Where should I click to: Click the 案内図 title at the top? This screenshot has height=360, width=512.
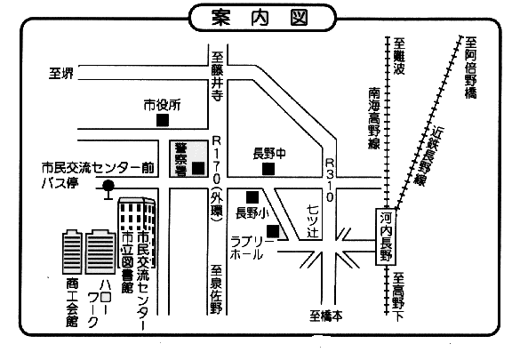point(260,17)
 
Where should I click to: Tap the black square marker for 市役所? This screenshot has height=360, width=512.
point(163,120)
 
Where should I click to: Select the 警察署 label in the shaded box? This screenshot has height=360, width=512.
point(180,159)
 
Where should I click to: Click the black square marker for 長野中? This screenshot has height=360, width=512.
point(268,169)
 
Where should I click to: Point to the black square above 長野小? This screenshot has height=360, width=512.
point(252,197)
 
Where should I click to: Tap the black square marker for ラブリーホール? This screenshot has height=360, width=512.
point(273,231)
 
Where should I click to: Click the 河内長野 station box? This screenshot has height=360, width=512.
point(386,236)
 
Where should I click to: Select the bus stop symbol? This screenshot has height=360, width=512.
point(108,190)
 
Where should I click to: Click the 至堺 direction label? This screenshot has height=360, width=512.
point(61,73)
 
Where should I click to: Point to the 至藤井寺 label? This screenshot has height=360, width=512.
point(217,76)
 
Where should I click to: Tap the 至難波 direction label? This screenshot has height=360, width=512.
point(399,56)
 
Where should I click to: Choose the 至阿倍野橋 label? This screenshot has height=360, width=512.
point(470,68)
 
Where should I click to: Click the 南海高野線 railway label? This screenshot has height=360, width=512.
point(374,118)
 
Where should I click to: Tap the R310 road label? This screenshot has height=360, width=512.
point(330,180)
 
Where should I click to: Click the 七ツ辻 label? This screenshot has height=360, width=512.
point(313,221)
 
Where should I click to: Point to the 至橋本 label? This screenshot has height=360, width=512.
point(326,316)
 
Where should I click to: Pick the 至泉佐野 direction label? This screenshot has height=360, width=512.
point(216,290)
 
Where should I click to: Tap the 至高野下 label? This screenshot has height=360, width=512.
point(398,297)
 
